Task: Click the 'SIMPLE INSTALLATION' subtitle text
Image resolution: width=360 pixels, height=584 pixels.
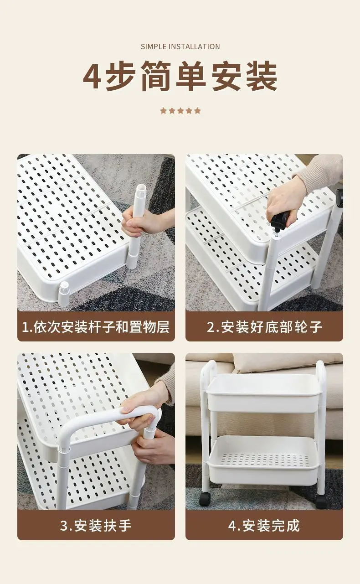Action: tap(180, 47)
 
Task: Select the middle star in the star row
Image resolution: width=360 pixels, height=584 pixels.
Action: tap(180, 111)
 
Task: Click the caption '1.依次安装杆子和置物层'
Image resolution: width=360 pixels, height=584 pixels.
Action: tap(96, 326)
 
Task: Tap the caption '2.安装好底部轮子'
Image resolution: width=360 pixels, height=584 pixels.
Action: tap(264, 326)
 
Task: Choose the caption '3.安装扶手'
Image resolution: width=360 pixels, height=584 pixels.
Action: tap(96, 525)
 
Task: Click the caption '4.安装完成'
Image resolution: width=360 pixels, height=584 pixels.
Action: tap(264, 525)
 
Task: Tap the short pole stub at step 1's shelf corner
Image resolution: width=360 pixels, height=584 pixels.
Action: tap(64, 294)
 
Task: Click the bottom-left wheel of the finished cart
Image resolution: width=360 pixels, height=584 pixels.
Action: tap(205, 498)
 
